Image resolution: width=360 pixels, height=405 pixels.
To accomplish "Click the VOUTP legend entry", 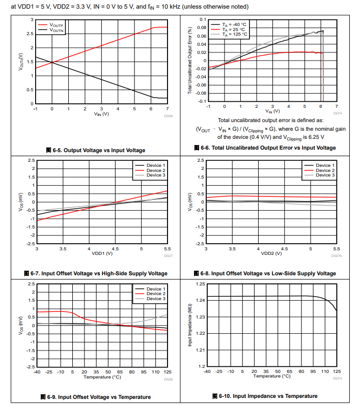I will tap(57, 25).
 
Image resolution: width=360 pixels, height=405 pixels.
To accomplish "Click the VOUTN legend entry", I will tap(57, 30).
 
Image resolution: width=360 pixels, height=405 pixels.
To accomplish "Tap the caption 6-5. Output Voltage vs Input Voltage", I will tap(95, 150).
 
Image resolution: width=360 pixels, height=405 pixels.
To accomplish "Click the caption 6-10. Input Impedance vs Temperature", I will tap(265, 396).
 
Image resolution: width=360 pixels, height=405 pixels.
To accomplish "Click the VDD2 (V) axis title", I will tap(270, 253).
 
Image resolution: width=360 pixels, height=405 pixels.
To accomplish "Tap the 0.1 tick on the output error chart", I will tap(202, 20).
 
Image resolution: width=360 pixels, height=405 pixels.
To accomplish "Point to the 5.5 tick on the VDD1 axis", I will tap(168, 249).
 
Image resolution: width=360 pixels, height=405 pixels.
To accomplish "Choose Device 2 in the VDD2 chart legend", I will tap(325, 170).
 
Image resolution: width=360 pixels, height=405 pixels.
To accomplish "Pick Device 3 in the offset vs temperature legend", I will tap(156, 299).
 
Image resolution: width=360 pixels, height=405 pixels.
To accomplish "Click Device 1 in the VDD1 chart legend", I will tap(156, 165).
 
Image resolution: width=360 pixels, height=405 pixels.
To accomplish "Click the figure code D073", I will tap(337, 379).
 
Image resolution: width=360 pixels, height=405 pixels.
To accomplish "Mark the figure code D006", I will tap(169, 116).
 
